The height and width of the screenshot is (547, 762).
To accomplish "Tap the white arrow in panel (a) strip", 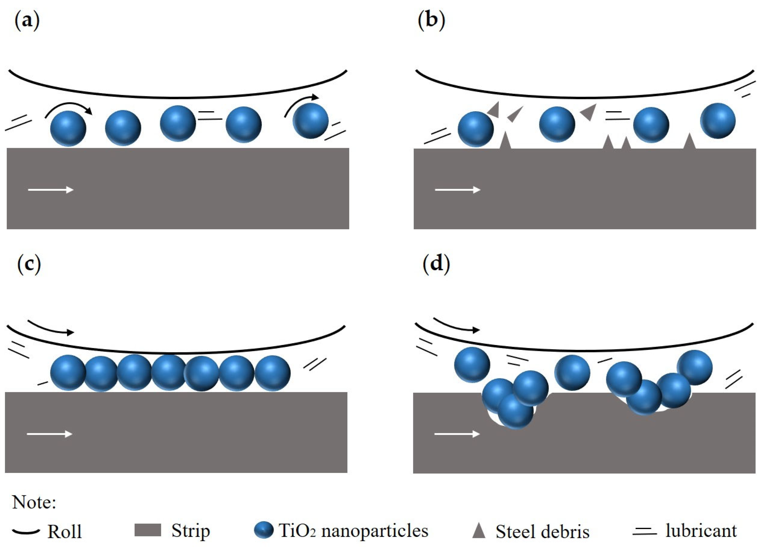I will click(x=51, y=190).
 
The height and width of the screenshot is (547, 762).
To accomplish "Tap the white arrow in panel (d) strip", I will click(x=457, y=434).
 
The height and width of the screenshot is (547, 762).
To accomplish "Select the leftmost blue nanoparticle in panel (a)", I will click(x=68, y=129).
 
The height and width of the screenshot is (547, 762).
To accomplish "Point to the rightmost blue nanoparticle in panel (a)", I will click(x=311, y=121).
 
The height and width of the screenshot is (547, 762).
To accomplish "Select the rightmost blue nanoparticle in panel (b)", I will click(x=718, y=121).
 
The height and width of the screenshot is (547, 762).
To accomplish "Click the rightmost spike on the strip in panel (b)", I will click(x=689, y=141).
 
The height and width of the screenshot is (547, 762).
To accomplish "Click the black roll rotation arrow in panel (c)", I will click(x=50, y=328).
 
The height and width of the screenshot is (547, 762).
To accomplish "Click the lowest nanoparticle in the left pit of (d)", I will click(x=515, y=411).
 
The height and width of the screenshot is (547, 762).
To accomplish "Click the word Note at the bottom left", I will click(x=34, y=503).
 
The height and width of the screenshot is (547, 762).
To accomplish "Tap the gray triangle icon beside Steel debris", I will click(x=479, y=531).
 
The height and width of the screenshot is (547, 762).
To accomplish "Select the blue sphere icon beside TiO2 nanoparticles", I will click(x=264, y=530).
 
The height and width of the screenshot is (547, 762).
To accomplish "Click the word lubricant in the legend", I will click(x=701, y=530).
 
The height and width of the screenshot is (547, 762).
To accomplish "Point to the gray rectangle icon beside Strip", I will click(x=148, y=530).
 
